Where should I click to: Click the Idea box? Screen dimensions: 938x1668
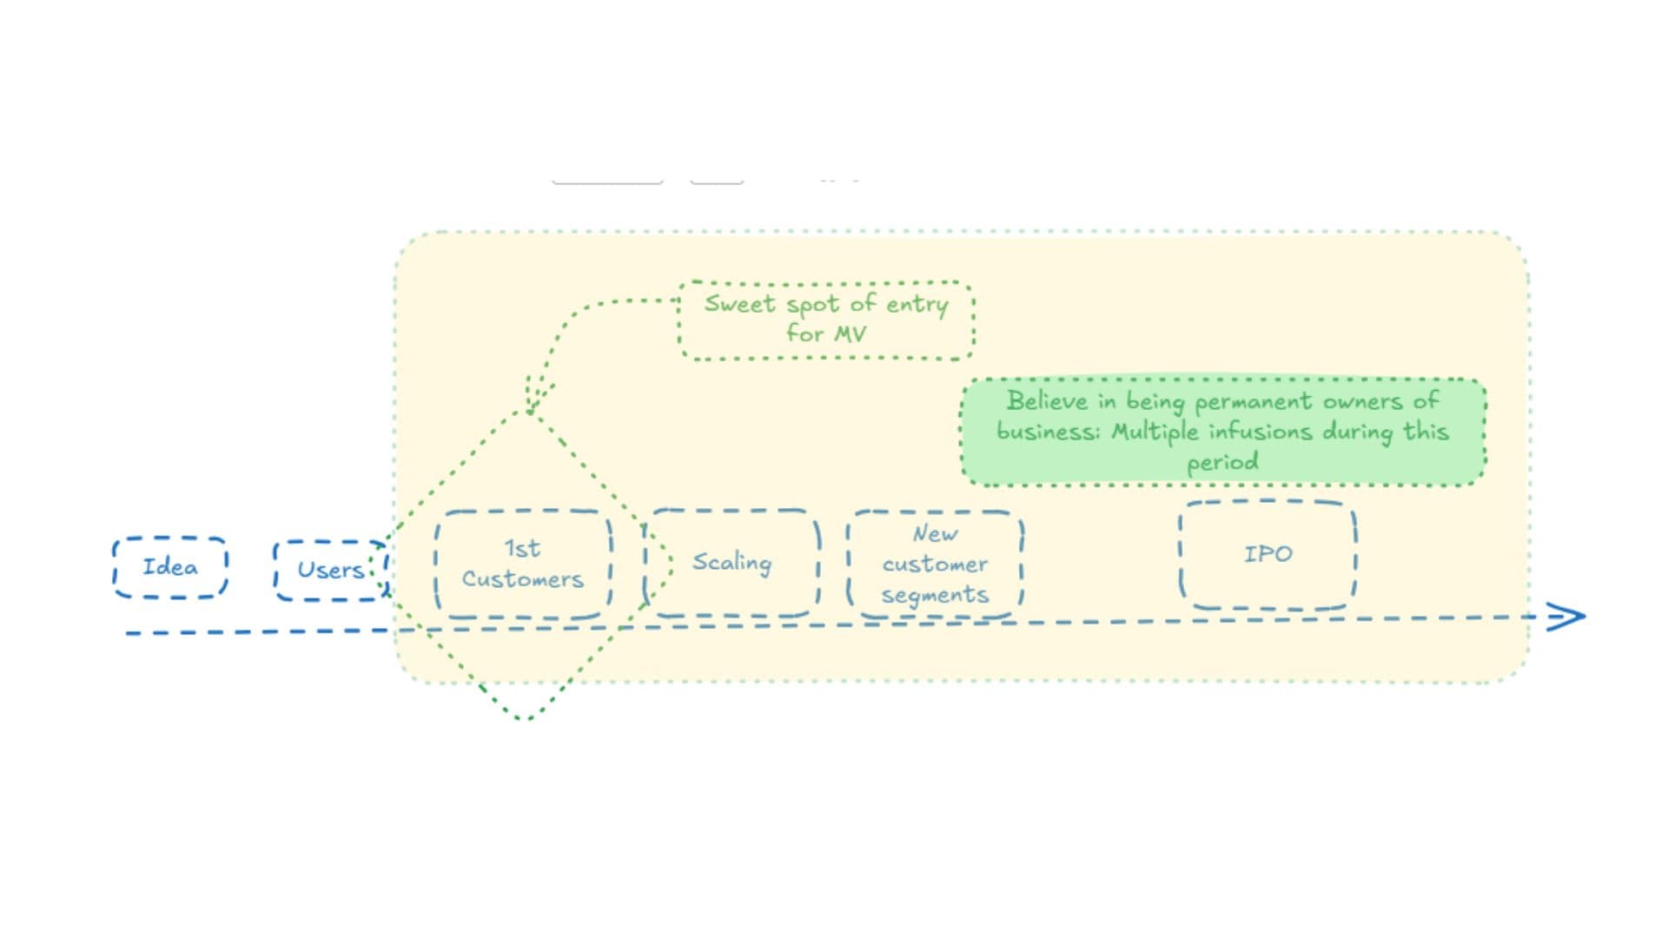point(170,567)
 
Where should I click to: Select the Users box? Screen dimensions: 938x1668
point(330,570)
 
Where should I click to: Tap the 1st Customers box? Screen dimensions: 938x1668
point(523,564)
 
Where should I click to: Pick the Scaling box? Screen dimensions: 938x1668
point(731,563)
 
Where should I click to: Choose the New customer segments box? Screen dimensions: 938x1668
point(935,565)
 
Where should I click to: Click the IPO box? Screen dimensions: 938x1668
point(1268,554)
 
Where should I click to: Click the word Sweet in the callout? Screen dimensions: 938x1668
point(738,304)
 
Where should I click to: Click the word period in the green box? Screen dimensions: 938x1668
point(1222,462)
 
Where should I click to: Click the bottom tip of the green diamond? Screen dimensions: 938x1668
point(524,718)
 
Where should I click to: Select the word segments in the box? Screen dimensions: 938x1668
point(935,595)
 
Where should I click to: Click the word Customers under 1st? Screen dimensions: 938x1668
point(523,579)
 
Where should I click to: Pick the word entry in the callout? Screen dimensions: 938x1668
point(917,305)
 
